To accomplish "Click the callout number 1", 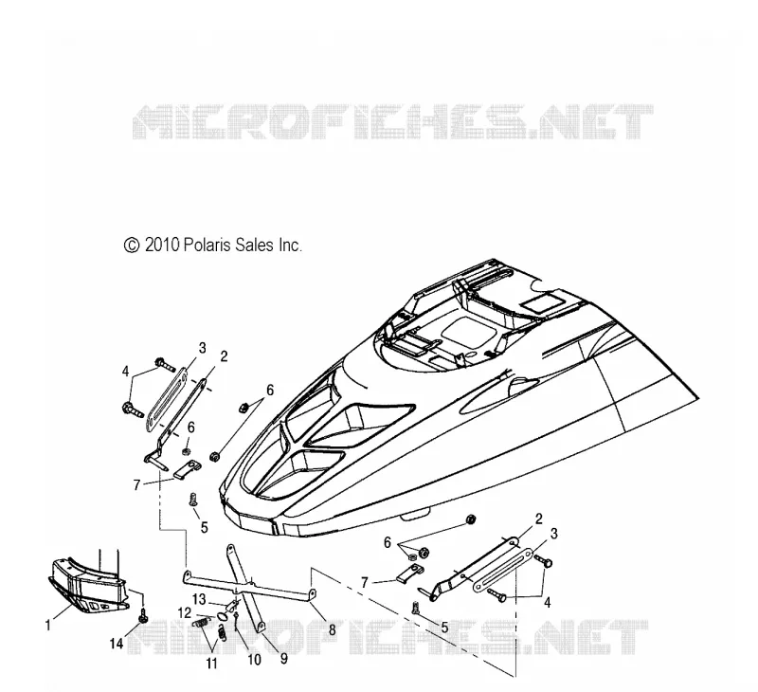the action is pyautogui.click(x=47, y=626).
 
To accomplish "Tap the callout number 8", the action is pyautogui.click(x=333, y=630).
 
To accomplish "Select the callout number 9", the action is pyautogui.click(x=284, y=658).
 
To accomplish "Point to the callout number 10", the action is pyautogui.click(x=254, y=659).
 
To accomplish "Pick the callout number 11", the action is pyautogui.click(x=211, y=664).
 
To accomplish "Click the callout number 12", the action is pyautogui.click(x=185, y=612).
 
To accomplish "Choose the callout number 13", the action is pyautogui.click(x=199, y=599).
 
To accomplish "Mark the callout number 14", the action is pyautogui.click(x=117, y=643).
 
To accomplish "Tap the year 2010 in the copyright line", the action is pyautogui.click(x=162, y=245).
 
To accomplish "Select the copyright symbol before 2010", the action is pyautogui.click(x=132, y=246).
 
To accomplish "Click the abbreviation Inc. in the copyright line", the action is pyautogui.click(x=290, y=245).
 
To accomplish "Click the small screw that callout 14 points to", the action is pyautogui.click(x=143, y=617).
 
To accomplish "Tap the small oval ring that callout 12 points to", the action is pyautogui.click(x=223, y=616).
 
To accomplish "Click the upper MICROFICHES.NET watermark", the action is pyautogui.click(x=392, y=122).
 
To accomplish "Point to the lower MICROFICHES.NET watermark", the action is pyautogui.click(x=387, y=636).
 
